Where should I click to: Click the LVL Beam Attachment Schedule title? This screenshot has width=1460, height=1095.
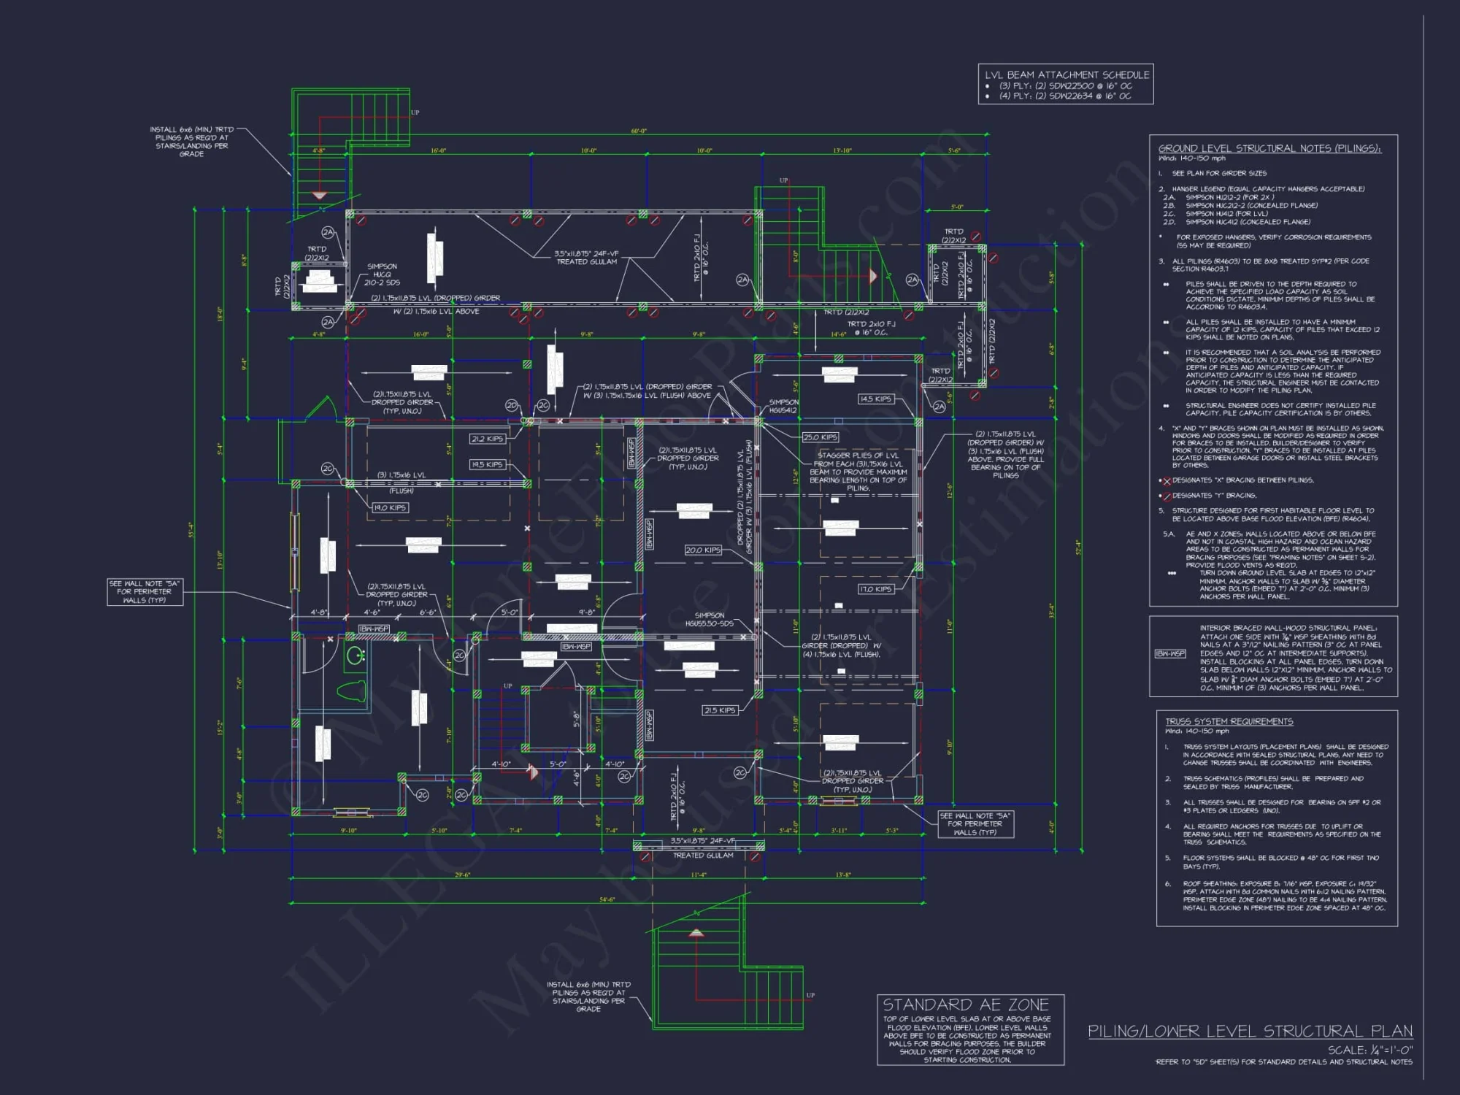pyautogui.click(x=1067, y=74)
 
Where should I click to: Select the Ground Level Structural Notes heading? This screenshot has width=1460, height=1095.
pyautogui.click(x=1269, y=148)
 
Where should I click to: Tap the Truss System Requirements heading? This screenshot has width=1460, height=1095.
pyautogui.click(x=1229, y=721)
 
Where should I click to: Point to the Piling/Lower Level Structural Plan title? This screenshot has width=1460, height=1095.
pyautogui.click(x=1250, y=1031)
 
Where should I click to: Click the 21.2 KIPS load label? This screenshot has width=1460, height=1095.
pyautogui.click(x=487, y=439)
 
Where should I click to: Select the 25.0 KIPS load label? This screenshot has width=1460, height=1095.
pyautogui.click(x=820, y=437)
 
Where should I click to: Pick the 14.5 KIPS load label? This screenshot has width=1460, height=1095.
pyautogui.click(x=875, y=399)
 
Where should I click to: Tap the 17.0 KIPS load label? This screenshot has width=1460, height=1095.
pyautogui.click(x=875, y=589)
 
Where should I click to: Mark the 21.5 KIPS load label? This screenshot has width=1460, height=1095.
pyautogui.click(x=719, y=710)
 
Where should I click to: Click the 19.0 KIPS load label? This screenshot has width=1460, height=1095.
pyautogui.click(x=390, y=507)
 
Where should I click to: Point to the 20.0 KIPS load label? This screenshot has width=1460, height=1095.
pyautogui.click(x=702, y=550)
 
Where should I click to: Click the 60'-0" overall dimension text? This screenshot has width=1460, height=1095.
pyautogui.click(x=639, y=131)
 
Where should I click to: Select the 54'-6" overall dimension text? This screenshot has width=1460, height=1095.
pyautogui.click(x=607, y=899)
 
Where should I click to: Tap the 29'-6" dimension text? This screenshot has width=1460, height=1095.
pyautogui.click(x=462, y=875)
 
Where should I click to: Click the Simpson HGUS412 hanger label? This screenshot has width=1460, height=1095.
pyautogui.click(x=783, y=406)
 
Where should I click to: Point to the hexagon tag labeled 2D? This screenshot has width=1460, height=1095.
pyautogui.click(x=512, y=405)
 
